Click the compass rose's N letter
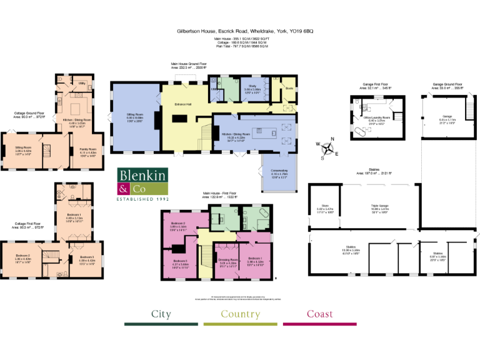coord(332,139)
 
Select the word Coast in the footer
coord(319,314)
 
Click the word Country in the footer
coord(240,314)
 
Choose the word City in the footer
coord(161,314)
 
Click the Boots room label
coord(289,88)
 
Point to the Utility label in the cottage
coord(82,82)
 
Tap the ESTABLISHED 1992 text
coord(143,199)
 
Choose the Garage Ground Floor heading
coord(447,84)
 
